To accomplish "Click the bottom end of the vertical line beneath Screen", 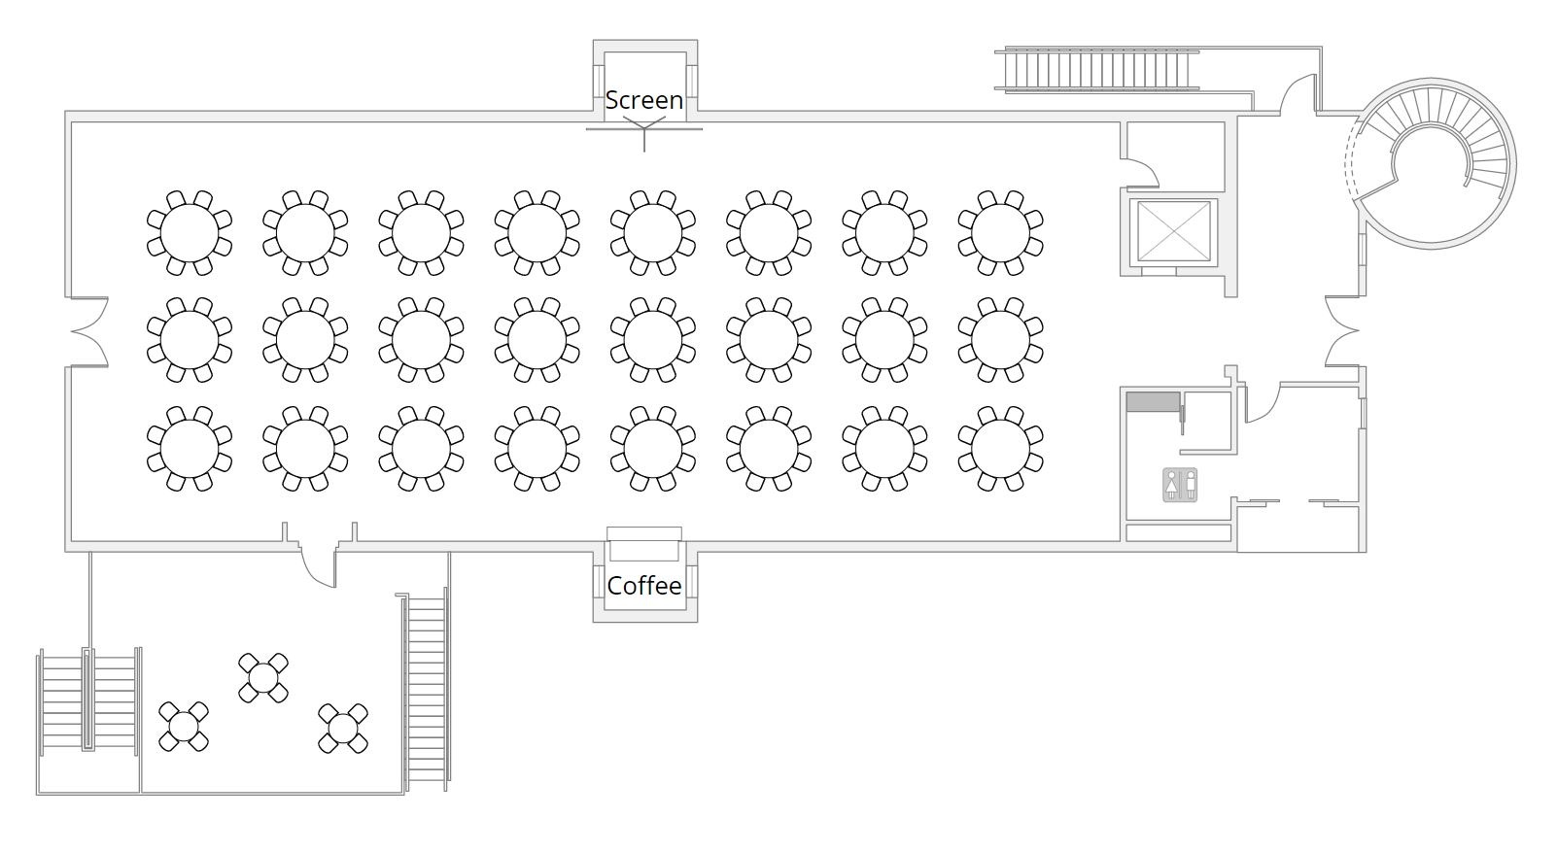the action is click(x=644, y=152).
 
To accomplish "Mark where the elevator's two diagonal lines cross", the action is click(x=1173, y=232).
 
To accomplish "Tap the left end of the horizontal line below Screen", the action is click(x=586, y=129).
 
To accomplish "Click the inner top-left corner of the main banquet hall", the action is click(x=72, y=123).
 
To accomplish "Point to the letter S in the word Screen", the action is click(x=612, y=100).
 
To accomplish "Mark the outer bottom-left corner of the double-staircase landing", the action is click(x=37, y=795).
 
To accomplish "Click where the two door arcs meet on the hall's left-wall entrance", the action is click(x=72, y=331).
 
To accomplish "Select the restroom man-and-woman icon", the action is click(x=1180, y=485).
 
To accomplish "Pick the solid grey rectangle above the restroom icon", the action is click(x=1153, y=401).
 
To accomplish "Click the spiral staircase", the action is click(x=1432, y=164).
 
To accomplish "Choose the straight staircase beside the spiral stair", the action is click(x=1097, y=69).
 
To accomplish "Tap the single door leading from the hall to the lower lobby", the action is click(x=319, y=565).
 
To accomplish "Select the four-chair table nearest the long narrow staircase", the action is click(x=343, y=729).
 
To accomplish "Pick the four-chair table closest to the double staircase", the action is click(x=184, y=727).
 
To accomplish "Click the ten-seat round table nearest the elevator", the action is click(x=1000, y=233).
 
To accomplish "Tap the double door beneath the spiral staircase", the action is click(x=1342, y=331).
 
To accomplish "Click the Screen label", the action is click(x=644, y=100).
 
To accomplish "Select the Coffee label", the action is click(x=644, y=585).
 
